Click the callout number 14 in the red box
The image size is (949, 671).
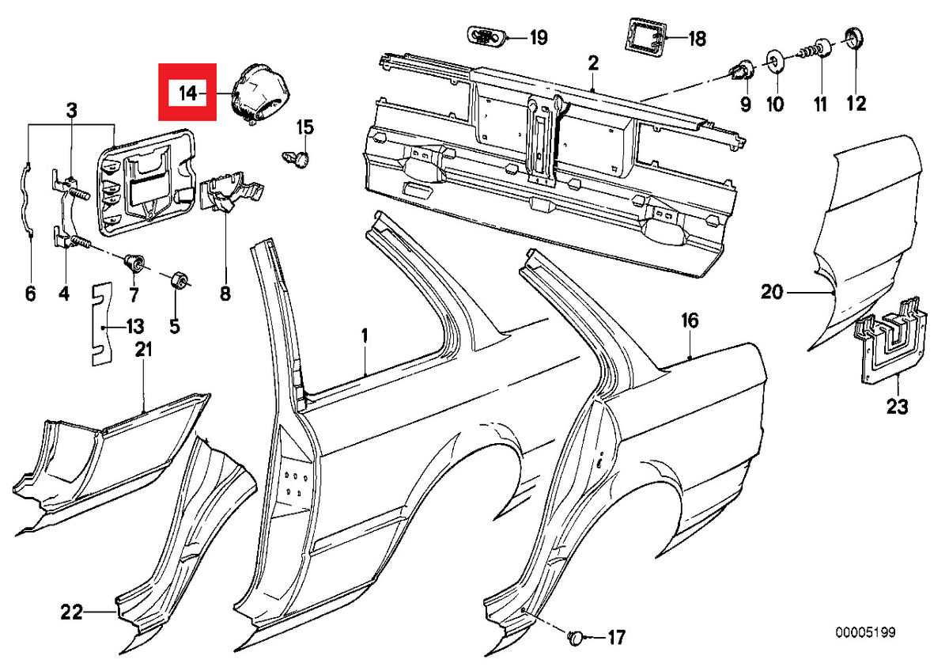click(x=187, y=93)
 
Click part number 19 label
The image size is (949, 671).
click(x=538, y=37)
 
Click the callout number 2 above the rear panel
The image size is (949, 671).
click(x=593, y=63)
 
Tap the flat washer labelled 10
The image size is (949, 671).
click(x=774, y=63)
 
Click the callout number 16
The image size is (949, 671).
click(x=690, y=320)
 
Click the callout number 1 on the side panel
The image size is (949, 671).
click(x=365, y=335)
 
